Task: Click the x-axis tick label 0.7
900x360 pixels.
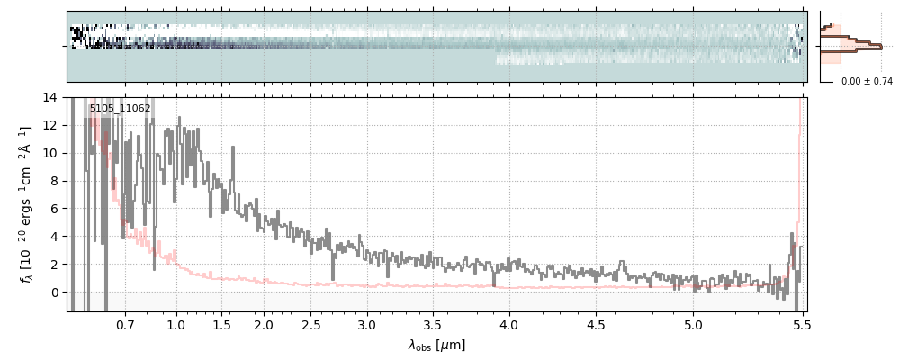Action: point(125,324)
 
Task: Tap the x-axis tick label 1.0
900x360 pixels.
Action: point(176,324)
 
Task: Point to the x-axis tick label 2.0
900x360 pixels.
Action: point(264,324)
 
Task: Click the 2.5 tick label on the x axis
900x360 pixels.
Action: point(311,324)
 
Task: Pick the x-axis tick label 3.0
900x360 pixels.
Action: point(367,324)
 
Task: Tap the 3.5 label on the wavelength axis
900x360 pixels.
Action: point(434,324)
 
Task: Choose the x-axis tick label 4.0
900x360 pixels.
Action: point(509,324)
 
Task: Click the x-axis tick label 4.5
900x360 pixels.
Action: point(596,324)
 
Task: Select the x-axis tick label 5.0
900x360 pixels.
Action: point(694,324)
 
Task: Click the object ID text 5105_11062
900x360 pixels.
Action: point(120,109)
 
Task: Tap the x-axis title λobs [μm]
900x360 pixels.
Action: point(436,345)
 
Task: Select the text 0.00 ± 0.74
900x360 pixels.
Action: point(867,81)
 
